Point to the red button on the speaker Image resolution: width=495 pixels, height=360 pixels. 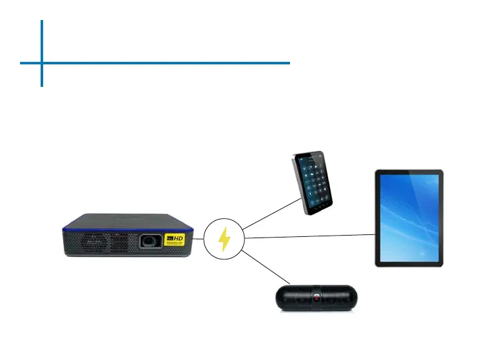(316, 298)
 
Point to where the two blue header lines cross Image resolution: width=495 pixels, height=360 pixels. (42, 62)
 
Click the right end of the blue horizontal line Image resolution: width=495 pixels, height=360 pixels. (289, 62)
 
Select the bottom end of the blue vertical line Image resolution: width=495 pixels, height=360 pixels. (42, 85)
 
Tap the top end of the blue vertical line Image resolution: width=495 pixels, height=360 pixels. (42, 21)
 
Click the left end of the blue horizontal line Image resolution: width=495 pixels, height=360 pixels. (21, 62)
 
